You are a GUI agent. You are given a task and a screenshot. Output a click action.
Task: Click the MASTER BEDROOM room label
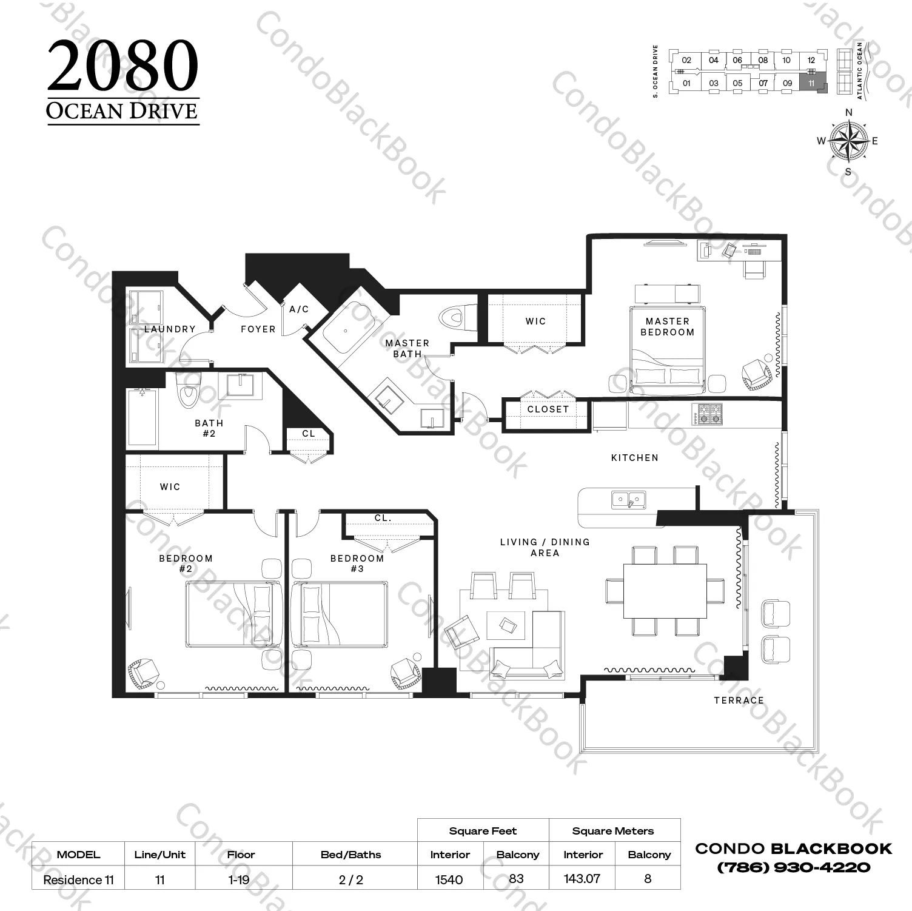(667, 326)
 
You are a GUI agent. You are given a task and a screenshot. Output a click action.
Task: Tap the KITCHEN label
(634, 458)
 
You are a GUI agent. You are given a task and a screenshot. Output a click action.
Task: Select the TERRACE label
(739, 700)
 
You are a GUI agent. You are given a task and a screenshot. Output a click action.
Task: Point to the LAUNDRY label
(170, 329)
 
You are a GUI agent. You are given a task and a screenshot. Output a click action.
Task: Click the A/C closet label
(299, 309)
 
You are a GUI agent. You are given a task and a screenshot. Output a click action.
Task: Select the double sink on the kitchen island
(628, 500)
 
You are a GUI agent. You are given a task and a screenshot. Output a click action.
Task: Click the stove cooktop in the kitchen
(708, 414)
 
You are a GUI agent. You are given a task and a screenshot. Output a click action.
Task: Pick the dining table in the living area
(665, 591)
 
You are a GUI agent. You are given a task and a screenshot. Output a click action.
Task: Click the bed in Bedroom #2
(234, 614)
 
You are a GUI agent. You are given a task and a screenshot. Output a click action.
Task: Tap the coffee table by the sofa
(505, 625)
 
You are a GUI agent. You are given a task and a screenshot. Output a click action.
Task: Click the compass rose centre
(848, 140)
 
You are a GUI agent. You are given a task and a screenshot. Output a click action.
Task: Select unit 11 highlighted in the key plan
(811, 83)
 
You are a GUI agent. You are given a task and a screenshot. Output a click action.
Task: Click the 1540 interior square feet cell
(449, 879)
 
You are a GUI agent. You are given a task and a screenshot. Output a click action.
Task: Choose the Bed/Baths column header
(350, 855)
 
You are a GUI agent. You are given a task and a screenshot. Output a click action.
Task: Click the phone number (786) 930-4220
(794, 867)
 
